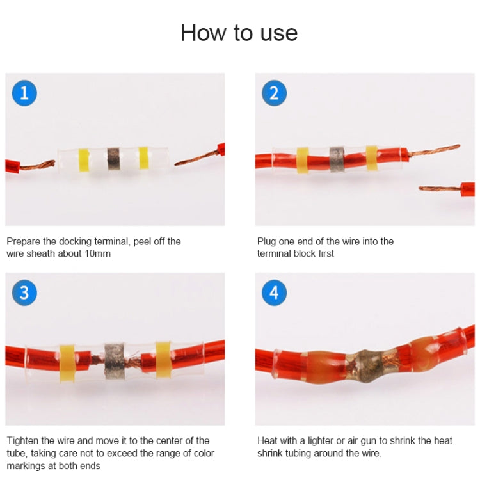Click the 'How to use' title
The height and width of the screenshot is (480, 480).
239,33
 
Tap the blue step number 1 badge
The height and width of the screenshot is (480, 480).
24,93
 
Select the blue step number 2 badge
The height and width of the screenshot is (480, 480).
274,93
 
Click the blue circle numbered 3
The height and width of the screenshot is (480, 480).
24,293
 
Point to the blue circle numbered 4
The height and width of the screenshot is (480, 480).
274,293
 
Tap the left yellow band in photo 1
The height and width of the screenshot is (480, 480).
83,160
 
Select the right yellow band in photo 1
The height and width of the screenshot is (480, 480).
143,158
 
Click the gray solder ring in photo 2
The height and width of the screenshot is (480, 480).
337,158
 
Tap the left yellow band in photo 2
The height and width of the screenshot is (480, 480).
302,160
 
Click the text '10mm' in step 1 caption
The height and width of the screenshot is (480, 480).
97,253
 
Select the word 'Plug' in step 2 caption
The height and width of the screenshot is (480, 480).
267,241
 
